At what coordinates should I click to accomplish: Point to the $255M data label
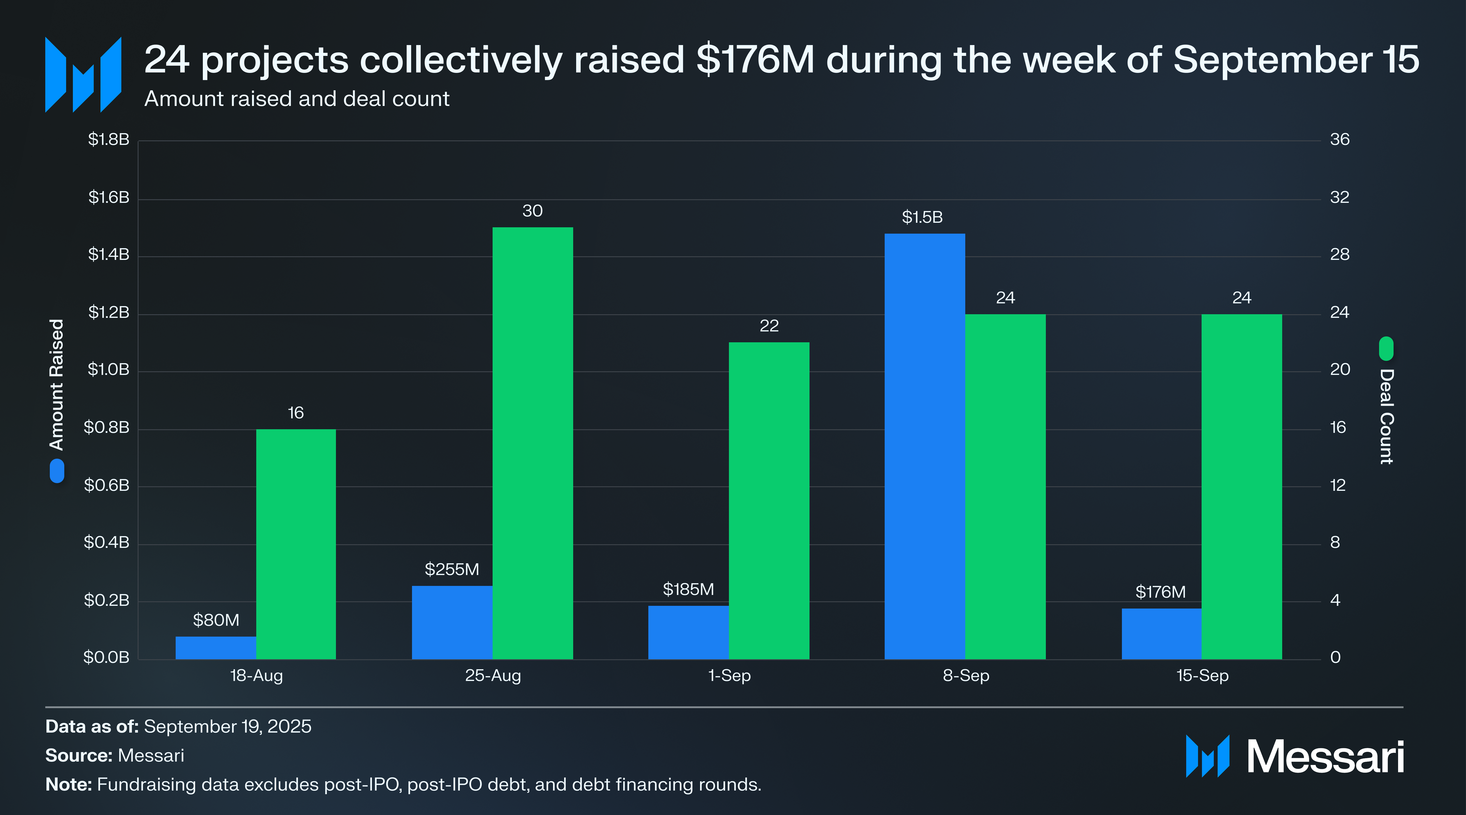(x=452, y=569)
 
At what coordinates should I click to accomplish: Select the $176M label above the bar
(x=1160, y=592)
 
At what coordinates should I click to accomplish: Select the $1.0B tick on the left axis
(x=108, y=370)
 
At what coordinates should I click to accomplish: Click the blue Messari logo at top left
(x=83, y=74)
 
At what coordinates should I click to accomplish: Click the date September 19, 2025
(x=228, y=727)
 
